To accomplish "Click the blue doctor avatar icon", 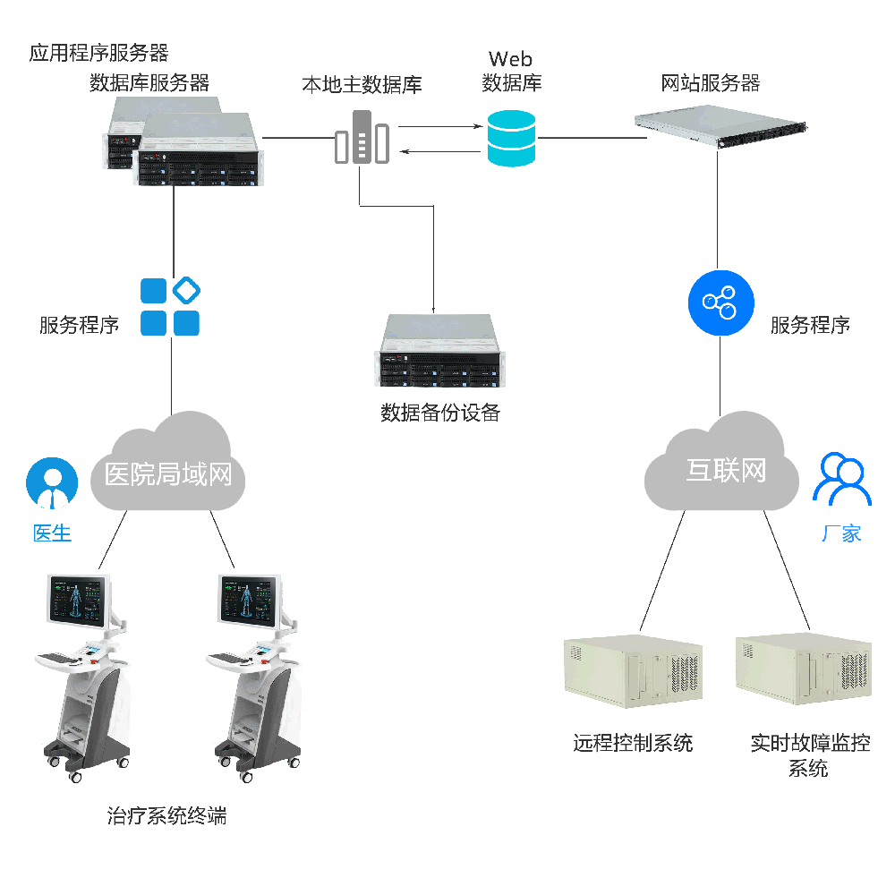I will point(52,484).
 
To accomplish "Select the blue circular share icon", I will point(720,302).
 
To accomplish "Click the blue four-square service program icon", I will point(170,307).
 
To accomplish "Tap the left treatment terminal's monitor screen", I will point(78,600).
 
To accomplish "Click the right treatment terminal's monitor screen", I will point(250,600).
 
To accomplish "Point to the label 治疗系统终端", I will point(166,815).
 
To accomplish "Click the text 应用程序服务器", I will point(98,53).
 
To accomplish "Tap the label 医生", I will point(52,533).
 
